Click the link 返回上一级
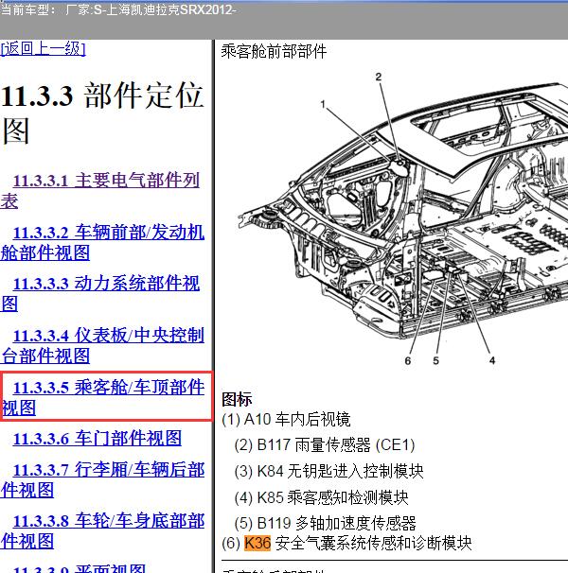pyautogui.click(x=44, y=49)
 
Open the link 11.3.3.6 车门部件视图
pyautogui.click(x=97, y=439)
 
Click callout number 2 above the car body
pyautogui.click(x=378, y=77)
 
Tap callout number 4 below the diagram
pyautogui.click(x=491, y=360)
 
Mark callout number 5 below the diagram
pyautogui.click(x=436, y=360)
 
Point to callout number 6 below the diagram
pyautogui.click(x=408, y=360)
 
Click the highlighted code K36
pyautogui.click(x=257, y=544)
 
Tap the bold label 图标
pyautogui.click(x=237, y=399)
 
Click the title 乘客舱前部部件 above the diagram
pyautogui.click(x=274, y=51)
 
